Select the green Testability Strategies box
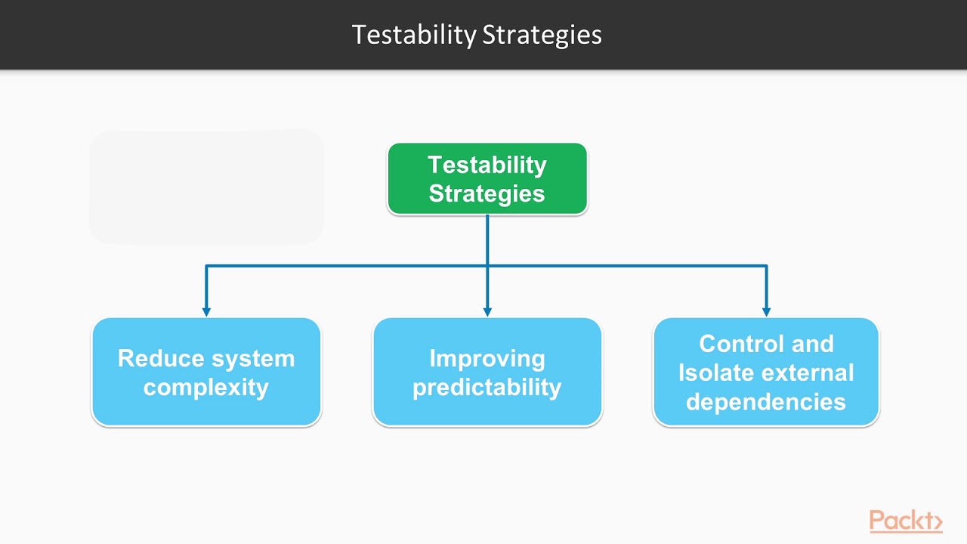pyautogui.click(x=487, y=179)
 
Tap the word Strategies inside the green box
pyautogui.click(x=487, y=193)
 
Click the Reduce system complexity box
pyautogui.click(x=206, y=372)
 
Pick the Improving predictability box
pyautogui.click(x=487, y=372)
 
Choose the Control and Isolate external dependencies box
pyautogui.click(x=766, y=372)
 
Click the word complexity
pyautogui.click(x=206, y=387)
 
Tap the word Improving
pyautogui.click(x=487, y=358)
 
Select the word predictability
pyautogui.click(x=487, y=387)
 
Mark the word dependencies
pyautogui.click(x=766, y=401)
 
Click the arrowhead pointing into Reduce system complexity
pyautogui.click(x=206, y=311)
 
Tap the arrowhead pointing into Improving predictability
pyautogui.click(x=487, y=311)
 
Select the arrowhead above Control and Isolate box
pyautogui.click(x=766, y=311)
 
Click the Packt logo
pyautogui.click(x=905, y=521)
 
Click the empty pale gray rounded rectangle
pyautogui.click(x=206, y=187)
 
